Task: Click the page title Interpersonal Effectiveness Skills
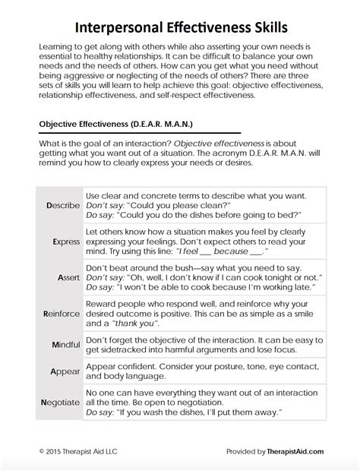pos(179,28)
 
